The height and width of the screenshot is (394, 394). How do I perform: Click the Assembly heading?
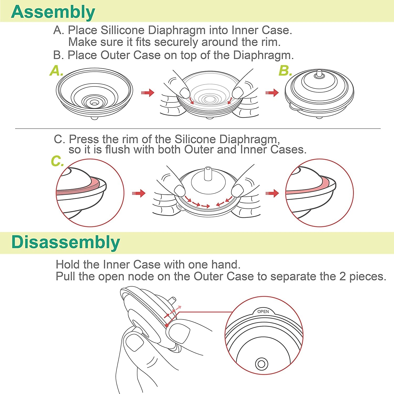(53, 12)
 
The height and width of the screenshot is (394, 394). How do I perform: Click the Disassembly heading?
(66, 242)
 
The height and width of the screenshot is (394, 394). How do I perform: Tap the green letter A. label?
(56, 71)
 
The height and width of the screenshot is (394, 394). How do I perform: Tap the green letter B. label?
(285, 71)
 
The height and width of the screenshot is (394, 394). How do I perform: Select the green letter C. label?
(57, 161)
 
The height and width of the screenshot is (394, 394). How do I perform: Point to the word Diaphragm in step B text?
(262, 55)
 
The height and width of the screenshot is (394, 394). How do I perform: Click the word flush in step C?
(117, 150)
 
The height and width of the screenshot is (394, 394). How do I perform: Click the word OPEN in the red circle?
(263, 312)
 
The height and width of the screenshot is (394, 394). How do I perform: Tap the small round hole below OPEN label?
(261, 364)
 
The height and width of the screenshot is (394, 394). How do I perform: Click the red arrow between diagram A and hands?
(148, 92)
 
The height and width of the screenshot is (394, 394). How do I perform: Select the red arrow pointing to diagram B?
(272, 92)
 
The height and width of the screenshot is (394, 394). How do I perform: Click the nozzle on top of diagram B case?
(319, 73)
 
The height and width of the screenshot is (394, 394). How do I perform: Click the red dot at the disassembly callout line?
(167, 325)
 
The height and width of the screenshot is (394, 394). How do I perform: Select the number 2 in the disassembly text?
(342, 277)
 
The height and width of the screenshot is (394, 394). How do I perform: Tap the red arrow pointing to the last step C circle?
(272, 193)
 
